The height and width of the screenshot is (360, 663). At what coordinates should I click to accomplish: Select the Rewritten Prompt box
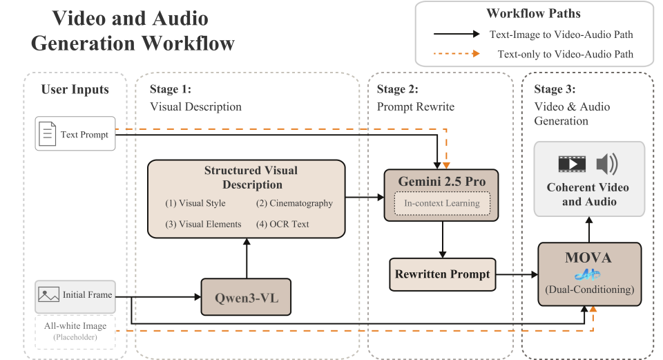[442, 274]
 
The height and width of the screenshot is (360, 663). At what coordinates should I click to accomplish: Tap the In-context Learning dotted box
[442, 203]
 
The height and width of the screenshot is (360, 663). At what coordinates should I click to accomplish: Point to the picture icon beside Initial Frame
[48, 295]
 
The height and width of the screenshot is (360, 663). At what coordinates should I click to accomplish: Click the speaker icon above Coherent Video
[607, 164]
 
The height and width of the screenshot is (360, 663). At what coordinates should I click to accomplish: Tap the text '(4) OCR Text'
[283, 224]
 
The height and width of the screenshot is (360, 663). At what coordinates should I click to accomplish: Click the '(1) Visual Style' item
[195, 203]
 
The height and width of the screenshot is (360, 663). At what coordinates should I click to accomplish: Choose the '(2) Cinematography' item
[294, 203]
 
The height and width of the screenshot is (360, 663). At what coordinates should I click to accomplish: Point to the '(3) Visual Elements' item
[203, 224]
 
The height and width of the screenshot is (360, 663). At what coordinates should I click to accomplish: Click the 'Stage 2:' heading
[397, 89]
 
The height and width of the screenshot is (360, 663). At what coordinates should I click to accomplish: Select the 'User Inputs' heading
[75, 89]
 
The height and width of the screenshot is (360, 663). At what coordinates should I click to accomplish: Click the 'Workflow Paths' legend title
[533, 14]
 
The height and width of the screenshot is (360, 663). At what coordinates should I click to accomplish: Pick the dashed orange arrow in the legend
[456, 54]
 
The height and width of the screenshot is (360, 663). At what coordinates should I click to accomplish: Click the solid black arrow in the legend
[456, 33]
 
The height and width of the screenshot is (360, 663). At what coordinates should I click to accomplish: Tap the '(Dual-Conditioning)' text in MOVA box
[589, 290]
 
